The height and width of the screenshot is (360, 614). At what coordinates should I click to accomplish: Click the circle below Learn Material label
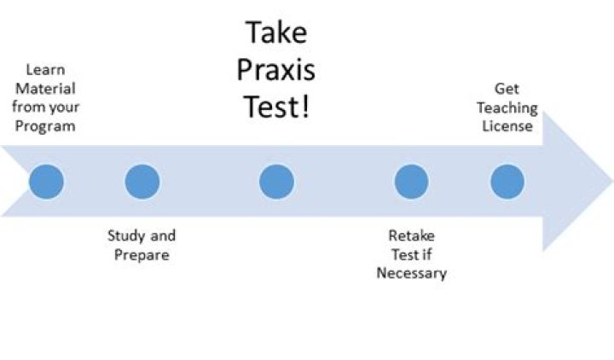[x=46, y=182]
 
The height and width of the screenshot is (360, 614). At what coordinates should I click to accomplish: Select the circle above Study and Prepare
[x=142, y=182]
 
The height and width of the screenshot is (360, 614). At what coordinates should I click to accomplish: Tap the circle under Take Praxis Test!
[x=276, y=182]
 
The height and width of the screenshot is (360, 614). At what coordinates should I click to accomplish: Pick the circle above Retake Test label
[x=411, y=182]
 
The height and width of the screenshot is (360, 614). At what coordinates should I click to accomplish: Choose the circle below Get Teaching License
[x=507, y=182]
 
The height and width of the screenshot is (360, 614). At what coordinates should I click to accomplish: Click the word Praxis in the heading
[x=276, y=71]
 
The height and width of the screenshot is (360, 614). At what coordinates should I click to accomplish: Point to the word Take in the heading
[x=276, y=33]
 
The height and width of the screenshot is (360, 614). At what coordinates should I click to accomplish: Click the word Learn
[x=45, y=70]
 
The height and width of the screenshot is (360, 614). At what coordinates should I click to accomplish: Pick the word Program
[x=50, y=126]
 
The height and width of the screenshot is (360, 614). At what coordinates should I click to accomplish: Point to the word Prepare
[x=142, y=254]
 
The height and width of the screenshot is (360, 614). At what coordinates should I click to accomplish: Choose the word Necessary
[x=412, y=273]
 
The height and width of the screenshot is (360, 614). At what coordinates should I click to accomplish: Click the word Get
[x=507, y=89]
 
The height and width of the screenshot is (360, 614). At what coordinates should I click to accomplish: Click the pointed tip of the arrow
[x=610, y=182]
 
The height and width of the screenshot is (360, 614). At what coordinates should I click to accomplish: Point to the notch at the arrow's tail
[x=27, y=182]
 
